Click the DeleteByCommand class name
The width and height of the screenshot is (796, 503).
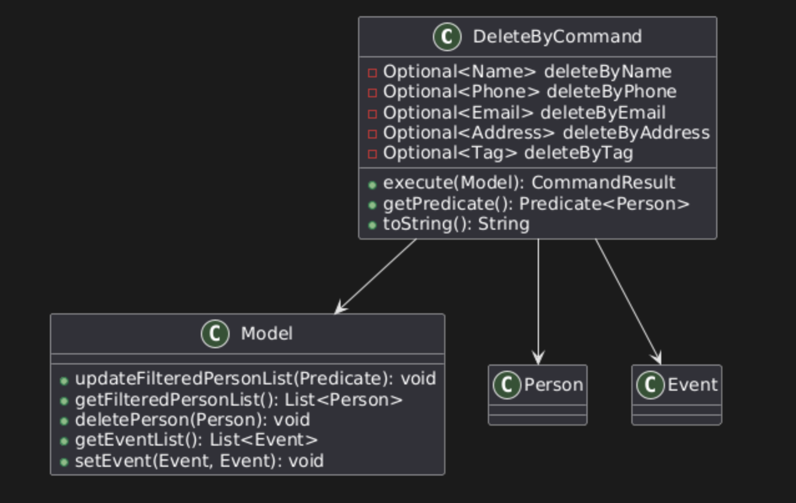557,37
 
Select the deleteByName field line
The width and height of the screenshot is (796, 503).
527,72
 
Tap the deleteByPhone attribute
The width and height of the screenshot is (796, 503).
530,92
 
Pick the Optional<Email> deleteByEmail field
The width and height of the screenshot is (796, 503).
524,112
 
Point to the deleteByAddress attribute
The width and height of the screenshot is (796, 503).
546,133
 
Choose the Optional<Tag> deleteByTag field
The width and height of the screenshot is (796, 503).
508,153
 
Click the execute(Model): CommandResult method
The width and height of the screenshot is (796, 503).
528,183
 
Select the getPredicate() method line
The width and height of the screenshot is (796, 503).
536,203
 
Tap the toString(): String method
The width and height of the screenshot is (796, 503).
456,224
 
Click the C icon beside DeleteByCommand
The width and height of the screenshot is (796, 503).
447,37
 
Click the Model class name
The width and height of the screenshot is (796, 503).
266,334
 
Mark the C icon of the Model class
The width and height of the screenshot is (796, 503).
215,335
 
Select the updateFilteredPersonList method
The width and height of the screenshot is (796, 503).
255,379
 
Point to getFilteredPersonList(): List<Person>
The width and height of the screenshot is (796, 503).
239,399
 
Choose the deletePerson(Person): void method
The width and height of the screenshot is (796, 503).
192,420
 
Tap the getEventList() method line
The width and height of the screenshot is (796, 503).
197,440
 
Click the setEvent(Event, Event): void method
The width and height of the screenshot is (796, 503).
199,461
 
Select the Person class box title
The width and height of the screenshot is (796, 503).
553,385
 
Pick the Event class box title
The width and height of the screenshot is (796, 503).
692,385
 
